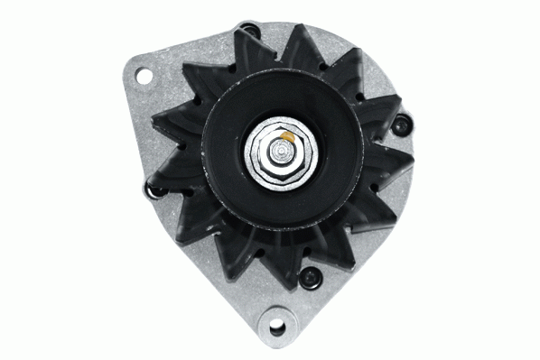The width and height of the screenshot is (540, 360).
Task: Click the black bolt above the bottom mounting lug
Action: [310, 275]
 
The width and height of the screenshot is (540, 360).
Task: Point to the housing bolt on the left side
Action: [151, 188]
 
